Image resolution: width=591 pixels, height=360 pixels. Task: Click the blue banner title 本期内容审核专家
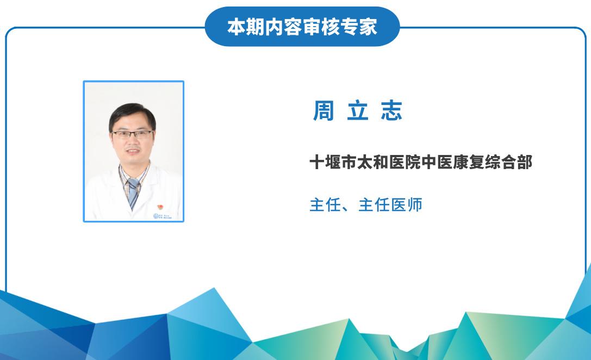pyautogui.click(x=302, y=27)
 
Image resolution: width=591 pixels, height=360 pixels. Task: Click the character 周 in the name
pyautogui.click(x=324, y=111)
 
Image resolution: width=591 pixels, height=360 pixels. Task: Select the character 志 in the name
pyautogui.click(x=391, y=111)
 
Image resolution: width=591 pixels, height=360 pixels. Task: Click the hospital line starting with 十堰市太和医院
pyautogui.click(x=421, y=162)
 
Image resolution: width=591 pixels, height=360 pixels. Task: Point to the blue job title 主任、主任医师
pyautogui.click(x=365, y=205)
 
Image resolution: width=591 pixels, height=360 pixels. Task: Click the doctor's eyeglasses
pyautogui.click(x=132, y=134)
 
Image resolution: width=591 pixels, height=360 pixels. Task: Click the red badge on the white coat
pyautogui.click(x=160, y=207)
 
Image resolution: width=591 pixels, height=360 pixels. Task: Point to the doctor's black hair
pyautogui.click(x=132, y=113)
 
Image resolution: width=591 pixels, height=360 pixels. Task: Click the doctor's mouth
pyautogui.click(x=133, y=151)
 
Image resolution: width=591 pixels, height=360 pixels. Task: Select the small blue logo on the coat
pyautogui.click(x=162, y=216)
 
